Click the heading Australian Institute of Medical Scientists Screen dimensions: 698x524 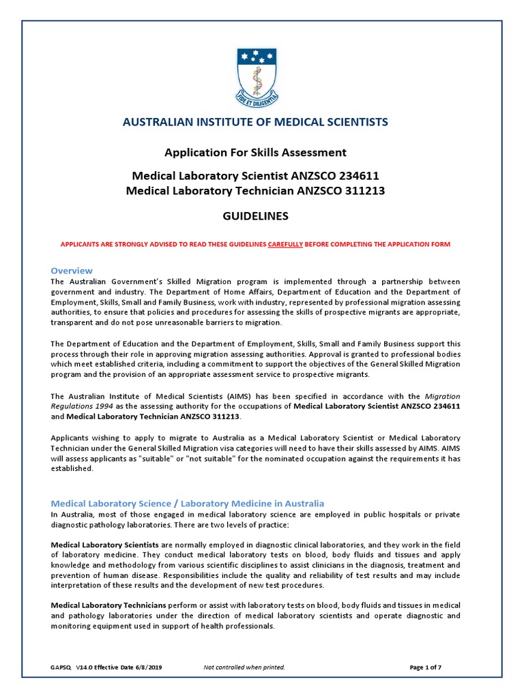click(x=255, y=122)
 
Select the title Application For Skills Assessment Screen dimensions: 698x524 click(x=255, y=153)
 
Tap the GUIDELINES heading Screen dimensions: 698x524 click(x=255, y=217)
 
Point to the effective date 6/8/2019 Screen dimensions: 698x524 click(x=147, y=667)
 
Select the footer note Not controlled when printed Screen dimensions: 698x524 click(x=244, y=667)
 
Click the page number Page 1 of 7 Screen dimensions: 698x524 click(x=426, y=667)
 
